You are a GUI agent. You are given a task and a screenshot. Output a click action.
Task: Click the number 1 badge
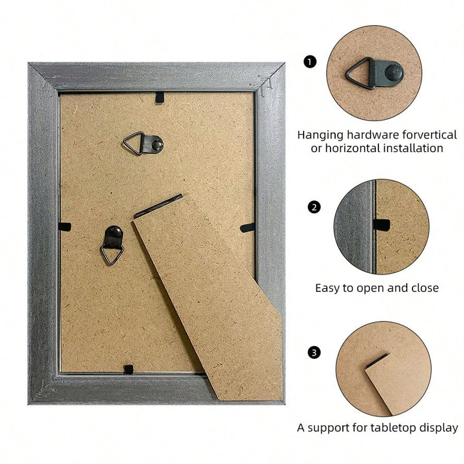310,62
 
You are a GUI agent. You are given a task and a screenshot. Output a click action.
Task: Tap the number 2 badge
314,207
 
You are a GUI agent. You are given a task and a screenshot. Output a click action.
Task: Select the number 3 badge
314,353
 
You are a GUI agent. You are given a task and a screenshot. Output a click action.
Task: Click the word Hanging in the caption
320,135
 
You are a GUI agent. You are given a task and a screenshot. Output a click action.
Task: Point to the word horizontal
353,148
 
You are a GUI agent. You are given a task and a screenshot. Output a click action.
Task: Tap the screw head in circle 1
394,72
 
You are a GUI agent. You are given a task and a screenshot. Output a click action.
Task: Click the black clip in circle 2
381,225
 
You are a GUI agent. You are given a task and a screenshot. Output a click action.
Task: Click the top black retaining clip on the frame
160,97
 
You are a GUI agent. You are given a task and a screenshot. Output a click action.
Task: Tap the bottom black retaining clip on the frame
128,369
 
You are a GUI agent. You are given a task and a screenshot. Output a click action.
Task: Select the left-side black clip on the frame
65,227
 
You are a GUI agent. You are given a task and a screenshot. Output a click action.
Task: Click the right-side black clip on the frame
247,227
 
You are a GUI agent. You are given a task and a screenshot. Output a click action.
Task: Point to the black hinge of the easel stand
158,206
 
